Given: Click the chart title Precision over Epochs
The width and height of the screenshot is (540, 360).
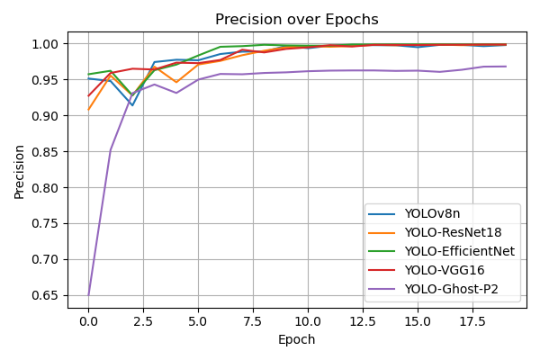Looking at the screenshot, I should tap(296, 20).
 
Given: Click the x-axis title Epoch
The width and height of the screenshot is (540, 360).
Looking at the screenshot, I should tap(296, 339).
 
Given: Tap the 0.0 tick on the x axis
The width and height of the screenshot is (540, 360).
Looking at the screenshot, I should tap(88, 321).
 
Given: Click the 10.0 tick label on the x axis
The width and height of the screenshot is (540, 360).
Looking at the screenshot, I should tap(308, 321).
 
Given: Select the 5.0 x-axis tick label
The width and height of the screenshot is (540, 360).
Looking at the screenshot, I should tap(198, 321).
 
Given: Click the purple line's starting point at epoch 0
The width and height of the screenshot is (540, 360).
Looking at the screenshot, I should tap(88, 295).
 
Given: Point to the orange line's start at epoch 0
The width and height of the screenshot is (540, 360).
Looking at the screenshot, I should tap(88, 110).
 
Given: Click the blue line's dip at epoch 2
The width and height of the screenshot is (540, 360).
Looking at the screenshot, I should tap(132, 105).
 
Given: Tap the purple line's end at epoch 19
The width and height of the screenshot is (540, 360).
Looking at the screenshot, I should tap(506, 67).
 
